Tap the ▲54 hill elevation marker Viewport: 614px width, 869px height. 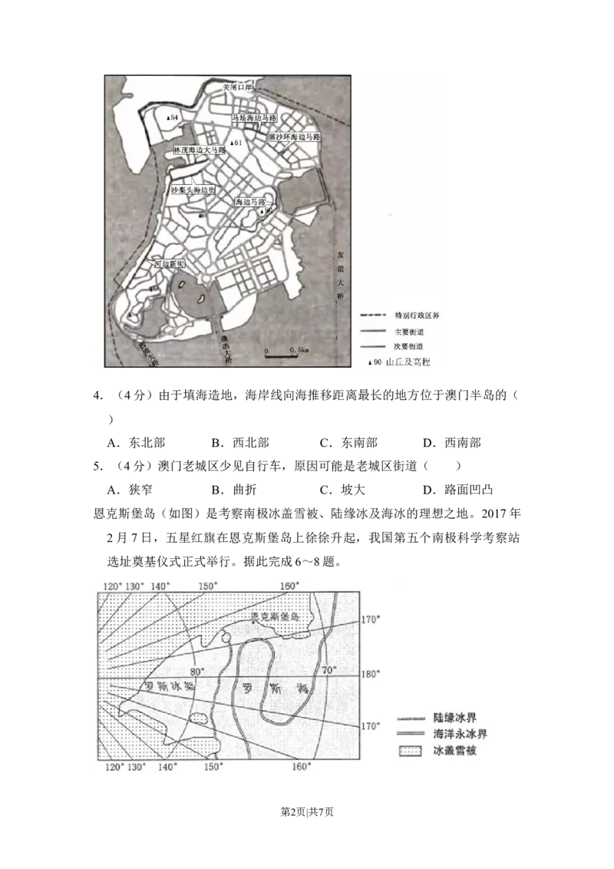pos(173,117)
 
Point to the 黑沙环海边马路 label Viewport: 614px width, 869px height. pos(293,137)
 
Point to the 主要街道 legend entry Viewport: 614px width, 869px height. pos(408,331)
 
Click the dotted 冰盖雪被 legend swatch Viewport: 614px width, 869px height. pos(411,749)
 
